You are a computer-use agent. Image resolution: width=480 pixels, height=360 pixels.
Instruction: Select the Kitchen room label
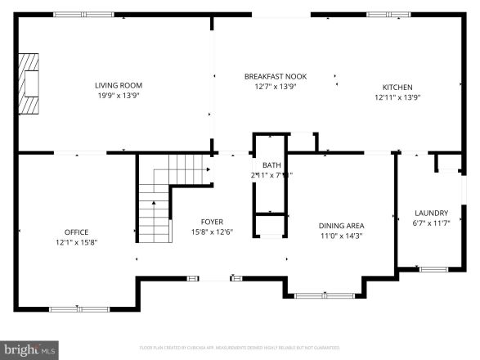[398, 87]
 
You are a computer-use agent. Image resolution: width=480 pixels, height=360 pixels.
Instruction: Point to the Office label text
[77, 232]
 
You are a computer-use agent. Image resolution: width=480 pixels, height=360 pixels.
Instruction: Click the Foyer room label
[213, 222]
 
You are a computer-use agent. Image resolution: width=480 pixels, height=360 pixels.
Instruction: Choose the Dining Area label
[341, 225]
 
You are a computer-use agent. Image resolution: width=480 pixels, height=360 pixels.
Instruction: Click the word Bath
[271, 165]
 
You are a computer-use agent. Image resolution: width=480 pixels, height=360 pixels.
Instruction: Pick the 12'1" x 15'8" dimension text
[77, 242]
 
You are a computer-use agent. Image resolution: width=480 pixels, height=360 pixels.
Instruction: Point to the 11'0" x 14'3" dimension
[341, 236]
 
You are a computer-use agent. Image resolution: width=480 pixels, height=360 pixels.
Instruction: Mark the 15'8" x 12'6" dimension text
[213, 232]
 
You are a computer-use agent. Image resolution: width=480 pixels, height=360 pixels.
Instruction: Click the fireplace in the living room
[31, 85]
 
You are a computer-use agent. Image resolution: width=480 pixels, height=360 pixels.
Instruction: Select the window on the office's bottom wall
[73, 308]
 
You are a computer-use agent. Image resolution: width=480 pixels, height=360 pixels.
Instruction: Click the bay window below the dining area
[325, 295]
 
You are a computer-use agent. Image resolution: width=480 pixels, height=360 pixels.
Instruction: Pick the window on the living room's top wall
[83, 14]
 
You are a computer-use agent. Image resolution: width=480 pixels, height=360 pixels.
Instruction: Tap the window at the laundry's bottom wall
[433, 268]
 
